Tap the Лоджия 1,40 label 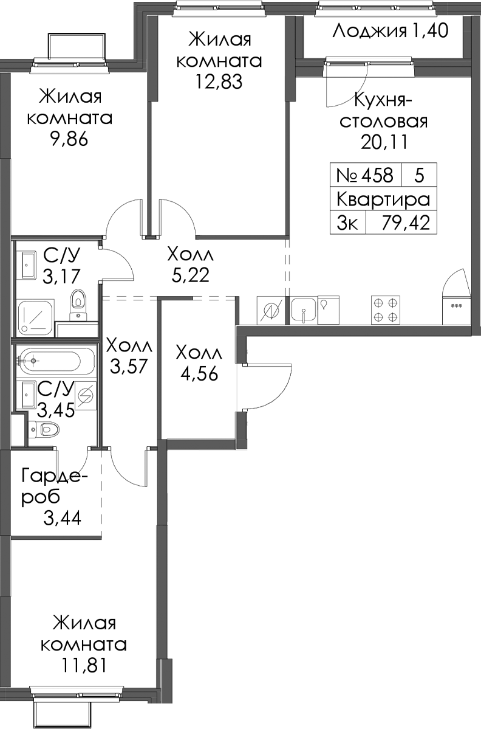pos(391,31)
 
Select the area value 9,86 pos(70,139)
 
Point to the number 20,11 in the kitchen pos(383,142)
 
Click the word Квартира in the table pos(383,199)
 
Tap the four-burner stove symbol pos(385,309)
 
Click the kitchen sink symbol pos(304,310)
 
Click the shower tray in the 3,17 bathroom pos(35,317)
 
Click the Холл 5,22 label pos(190,264)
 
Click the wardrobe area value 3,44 pos(62,517)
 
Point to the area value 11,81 pos(83,665)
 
